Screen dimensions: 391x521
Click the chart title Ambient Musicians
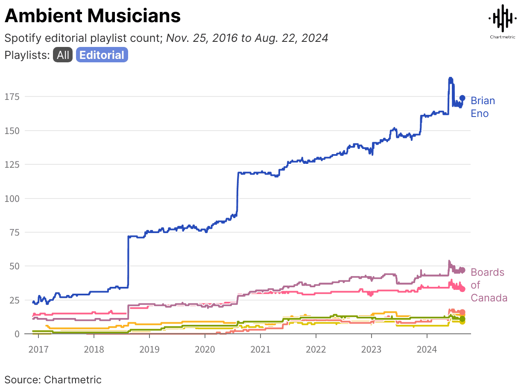click(93, 16)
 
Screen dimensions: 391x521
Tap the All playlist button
click(63, 55)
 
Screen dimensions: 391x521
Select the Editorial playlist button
click(102, 55)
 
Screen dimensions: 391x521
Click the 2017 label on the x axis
click(38, 349)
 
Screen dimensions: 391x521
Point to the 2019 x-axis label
click(149, 349)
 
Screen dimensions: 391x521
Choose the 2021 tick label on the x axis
click(260, 349)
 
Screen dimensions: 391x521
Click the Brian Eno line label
click(483, 107)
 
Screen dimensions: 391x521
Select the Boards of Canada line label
click(489, 285)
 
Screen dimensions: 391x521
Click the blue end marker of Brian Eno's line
click(462, 98)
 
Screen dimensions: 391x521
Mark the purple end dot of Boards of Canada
click(462, 270)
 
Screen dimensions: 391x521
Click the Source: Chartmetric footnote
click(53, 379)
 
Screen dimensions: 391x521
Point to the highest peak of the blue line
click(450, 79)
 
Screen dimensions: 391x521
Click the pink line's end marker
click(462, 289)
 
